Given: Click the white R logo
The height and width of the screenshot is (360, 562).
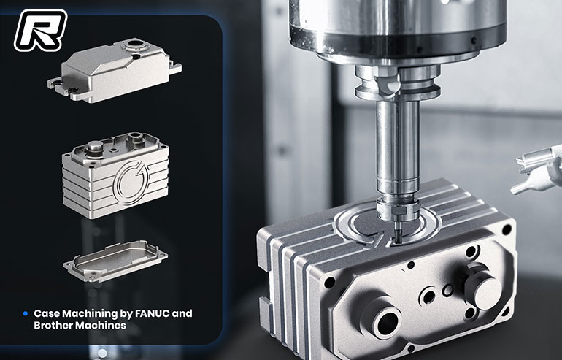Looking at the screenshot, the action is coord(40,30).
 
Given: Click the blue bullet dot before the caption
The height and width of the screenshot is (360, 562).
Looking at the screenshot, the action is coord(25,314).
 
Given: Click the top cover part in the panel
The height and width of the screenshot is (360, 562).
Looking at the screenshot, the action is coord(115,70).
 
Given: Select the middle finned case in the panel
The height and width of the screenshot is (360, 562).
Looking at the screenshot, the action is coord(116,175).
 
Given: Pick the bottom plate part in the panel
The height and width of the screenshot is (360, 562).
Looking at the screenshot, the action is coord(115,261).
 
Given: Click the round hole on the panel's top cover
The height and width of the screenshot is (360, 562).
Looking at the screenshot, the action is coord(134,45).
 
